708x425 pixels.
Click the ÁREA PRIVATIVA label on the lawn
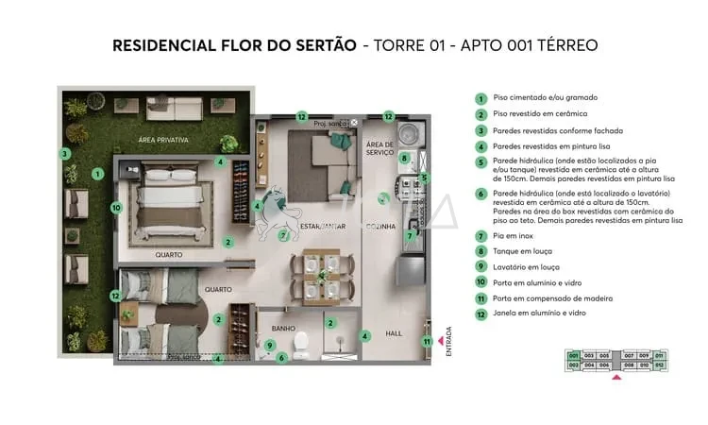[163, 140]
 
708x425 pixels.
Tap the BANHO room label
[283, 330]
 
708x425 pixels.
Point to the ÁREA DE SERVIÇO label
[379, 148]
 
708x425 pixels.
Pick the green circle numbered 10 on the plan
[116, 207]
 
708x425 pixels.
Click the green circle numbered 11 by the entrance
[427, 341]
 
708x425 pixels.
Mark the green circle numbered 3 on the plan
[65, 154]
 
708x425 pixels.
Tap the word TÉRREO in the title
[564, 45]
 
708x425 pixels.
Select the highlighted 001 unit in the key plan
[573, 354]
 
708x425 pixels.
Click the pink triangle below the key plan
[617, 376]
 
